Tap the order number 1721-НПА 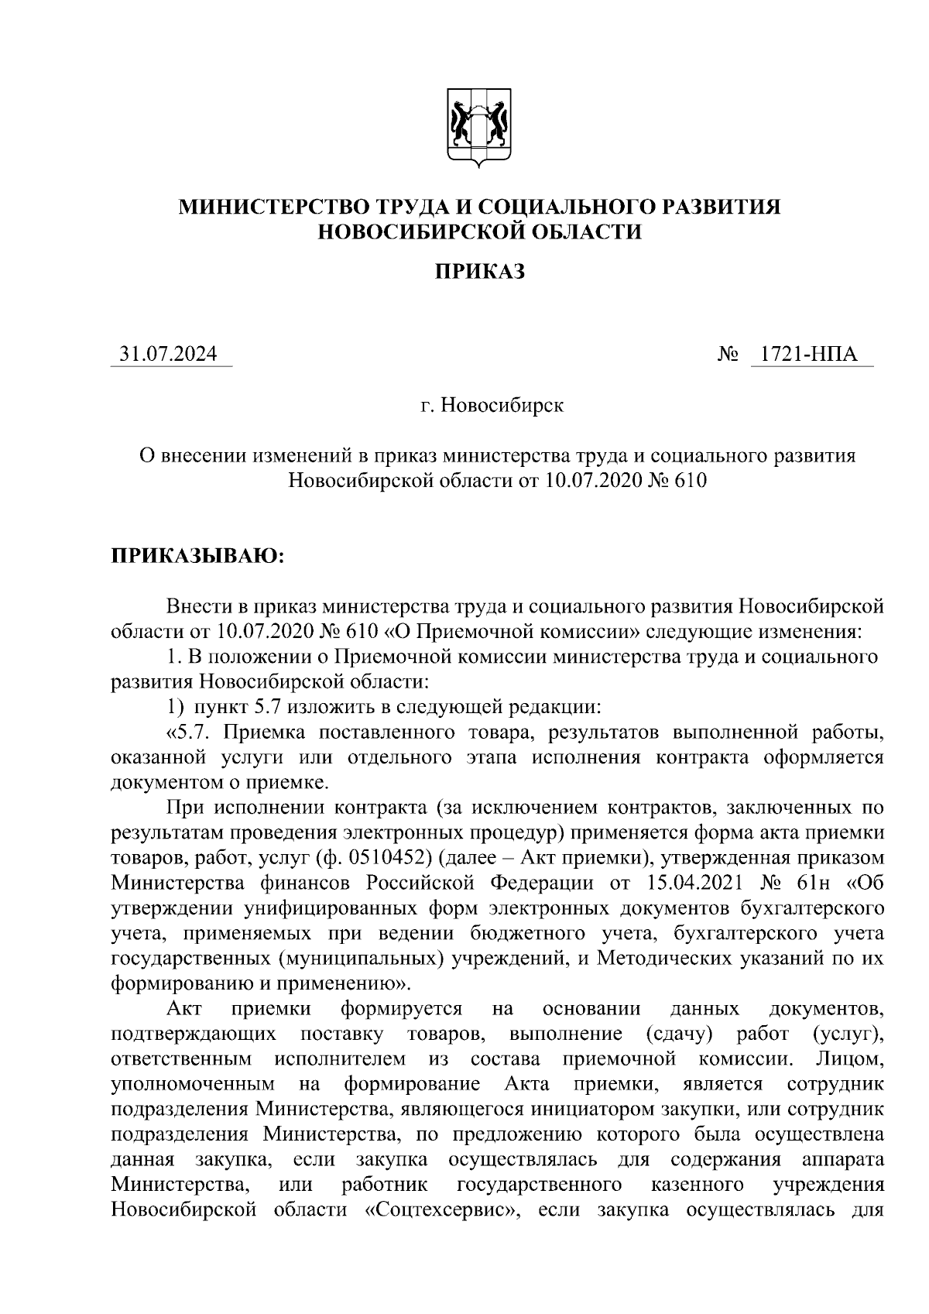click(x=809, y=355)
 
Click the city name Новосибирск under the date click(x=502, y=406)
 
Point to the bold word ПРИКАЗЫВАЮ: click(x=198, y=557)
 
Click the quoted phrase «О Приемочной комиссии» click(x=512, y=631)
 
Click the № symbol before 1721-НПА click(x=728, y=355)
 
